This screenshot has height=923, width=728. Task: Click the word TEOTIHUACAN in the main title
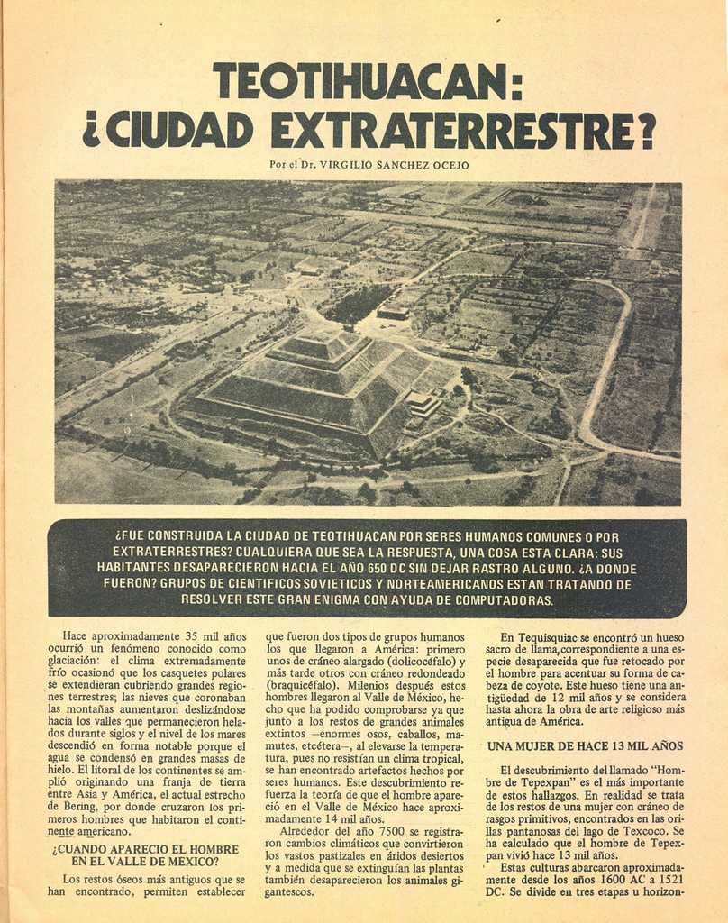pyautogui.click(x=361, y=82)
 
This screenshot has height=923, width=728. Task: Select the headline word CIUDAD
pyautogui.click(x=179, y=131)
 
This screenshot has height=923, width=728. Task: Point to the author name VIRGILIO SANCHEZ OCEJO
pyautogui.click(x=394, y=165)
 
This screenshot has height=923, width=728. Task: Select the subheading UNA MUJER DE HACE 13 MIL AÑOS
pyautogui.click(x=586, y=746)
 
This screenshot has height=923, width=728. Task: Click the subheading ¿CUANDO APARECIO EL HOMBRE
pyautogui.click(x=145, y=849)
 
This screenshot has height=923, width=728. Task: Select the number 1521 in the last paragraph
pyautogui.click(x=666, y=880)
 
